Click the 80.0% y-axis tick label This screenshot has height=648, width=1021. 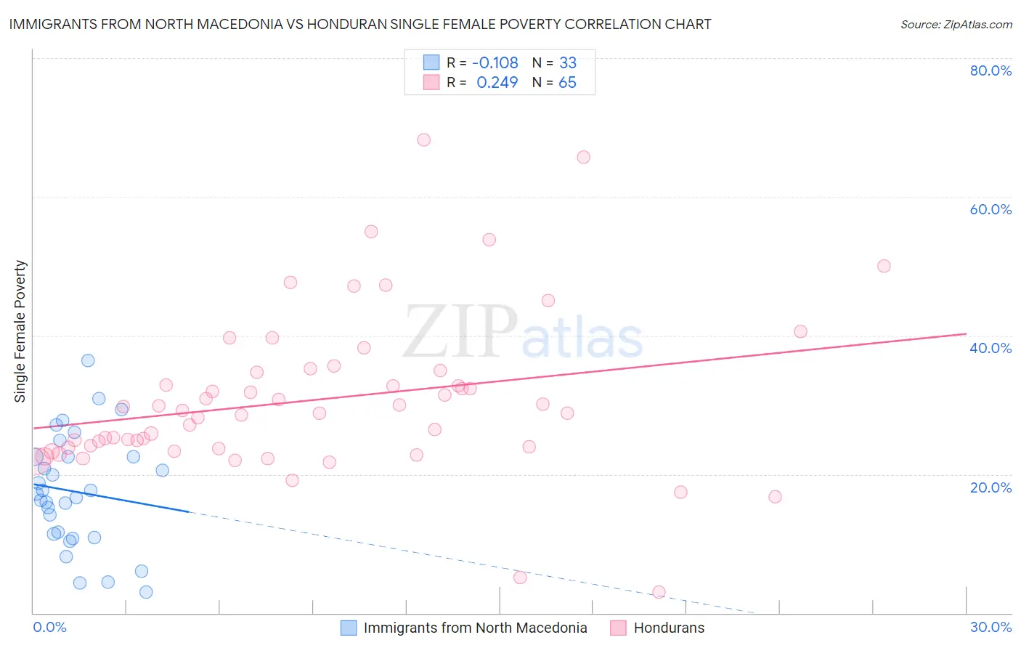pyautogui.click(x=991, y=70)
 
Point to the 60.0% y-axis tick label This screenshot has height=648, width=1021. pyautogui.click(x=991, y=209)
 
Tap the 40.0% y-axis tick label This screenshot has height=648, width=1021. pyautogui.click(x=991, y=348)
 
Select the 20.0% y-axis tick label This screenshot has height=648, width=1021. pyautogui.click(x=991, y=487)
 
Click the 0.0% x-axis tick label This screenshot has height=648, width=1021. pyautogui.click(x=49, y=627)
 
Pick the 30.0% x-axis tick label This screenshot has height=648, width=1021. pyautogui.click(x=991, y=627)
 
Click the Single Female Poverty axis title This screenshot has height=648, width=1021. pyautogui.click(x=20, y=331)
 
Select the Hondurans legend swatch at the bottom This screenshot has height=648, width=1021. pyautogui.click(x=618, y=628)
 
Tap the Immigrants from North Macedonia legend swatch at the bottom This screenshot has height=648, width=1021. pyautogui.click(x=349, y=628)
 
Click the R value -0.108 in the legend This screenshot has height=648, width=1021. pyautogui.click(x=495, y=62)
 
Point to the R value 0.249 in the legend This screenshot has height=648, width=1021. pyautogui.click(x=497, y=82)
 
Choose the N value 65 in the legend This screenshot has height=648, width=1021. pyautogui.click(x=567, y=82)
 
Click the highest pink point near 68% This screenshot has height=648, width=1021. pyautogui.click(x=424, y=139)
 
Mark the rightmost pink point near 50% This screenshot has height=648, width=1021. pyautogui.click(x=884, y=266)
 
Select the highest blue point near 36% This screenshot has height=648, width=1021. pyautogui.click(x=88, y=360)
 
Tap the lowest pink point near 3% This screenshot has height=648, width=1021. pyautogui.click(x=659, y=592)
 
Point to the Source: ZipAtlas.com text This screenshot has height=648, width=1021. pyautogui.click(x=956, y=24)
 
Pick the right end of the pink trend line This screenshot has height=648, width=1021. pyautogui.click(x=966, y=333)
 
